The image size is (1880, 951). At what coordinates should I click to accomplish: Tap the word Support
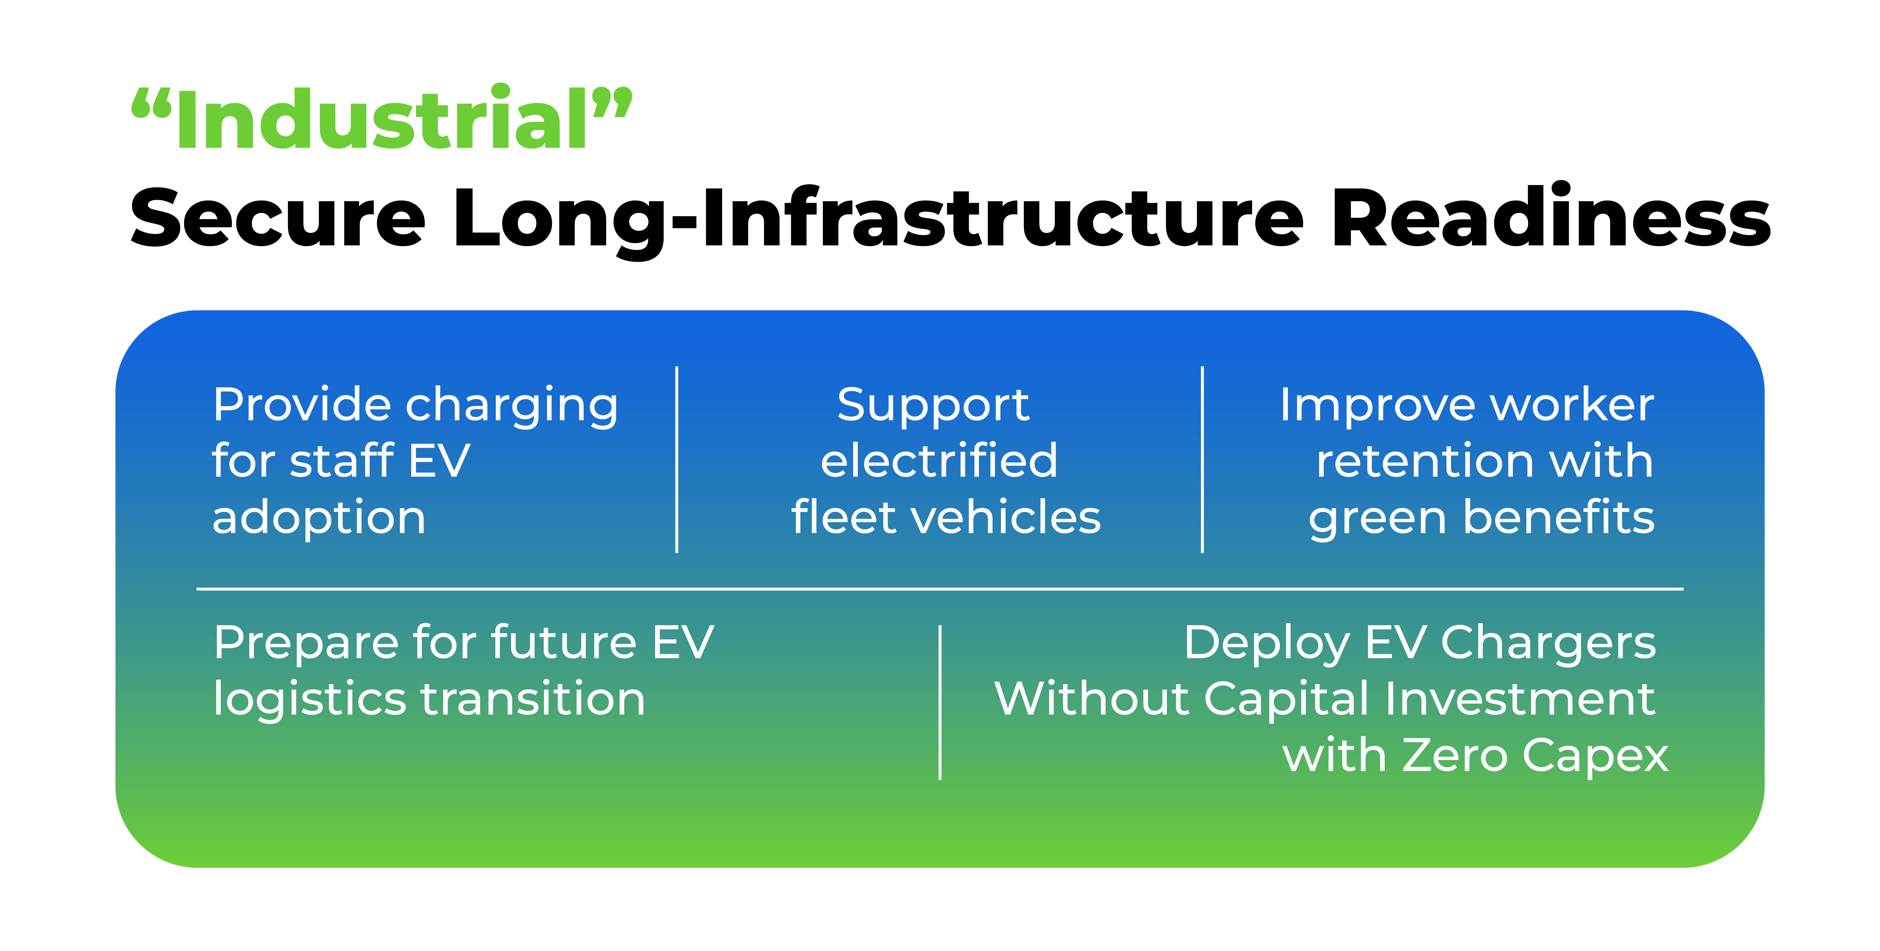933,406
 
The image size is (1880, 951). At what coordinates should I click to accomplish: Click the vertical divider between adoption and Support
677,460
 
